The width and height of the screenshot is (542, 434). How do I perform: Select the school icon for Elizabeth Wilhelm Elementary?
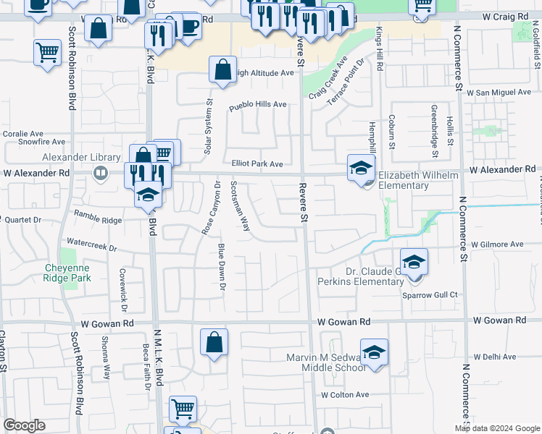pyautogui.click(x=359, y=169)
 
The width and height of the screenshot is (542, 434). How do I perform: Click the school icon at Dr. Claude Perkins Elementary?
pyautogui.click(x=414, y=262)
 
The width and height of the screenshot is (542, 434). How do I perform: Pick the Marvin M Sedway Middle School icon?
pyautogui.click(x=374, y=352)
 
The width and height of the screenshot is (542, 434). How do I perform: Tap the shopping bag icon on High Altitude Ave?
pyautogui.click(x=222, y=70)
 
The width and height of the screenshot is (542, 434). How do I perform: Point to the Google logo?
pyautogui.click(x=24, y=426)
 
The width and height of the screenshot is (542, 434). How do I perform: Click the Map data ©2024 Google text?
pyautogui.click(x=496, y=428)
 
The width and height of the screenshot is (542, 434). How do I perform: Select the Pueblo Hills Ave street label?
pyautogui.click(x=258, y=105)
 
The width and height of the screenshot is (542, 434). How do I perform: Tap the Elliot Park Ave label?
pyautogui.click(x=257, y=164)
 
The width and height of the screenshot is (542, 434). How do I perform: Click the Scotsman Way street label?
pyautogui.click(x=241, y=205)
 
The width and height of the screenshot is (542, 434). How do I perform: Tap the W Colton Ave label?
pyautogui.click(x=346, y=395)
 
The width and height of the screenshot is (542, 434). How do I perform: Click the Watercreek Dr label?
pyautogui.click(x=91, y=245)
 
